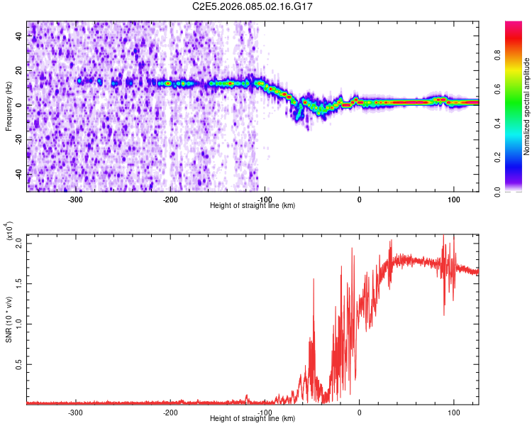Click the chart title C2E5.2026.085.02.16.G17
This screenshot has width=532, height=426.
(253, 6)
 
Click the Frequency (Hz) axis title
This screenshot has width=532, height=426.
(9, 106)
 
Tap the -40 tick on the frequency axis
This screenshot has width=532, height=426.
(19, 174)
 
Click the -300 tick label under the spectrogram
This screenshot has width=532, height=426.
(75, 199)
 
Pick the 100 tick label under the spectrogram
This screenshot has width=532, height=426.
(453, 199)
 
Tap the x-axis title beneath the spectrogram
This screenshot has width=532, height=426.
(253, 206)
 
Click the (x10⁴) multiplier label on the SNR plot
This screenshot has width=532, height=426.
(9, 231)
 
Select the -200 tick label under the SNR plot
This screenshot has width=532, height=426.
(170, 412)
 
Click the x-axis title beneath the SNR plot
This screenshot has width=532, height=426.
(253, 419)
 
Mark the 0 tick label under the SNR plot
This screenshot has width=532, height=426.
(359, 412)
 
